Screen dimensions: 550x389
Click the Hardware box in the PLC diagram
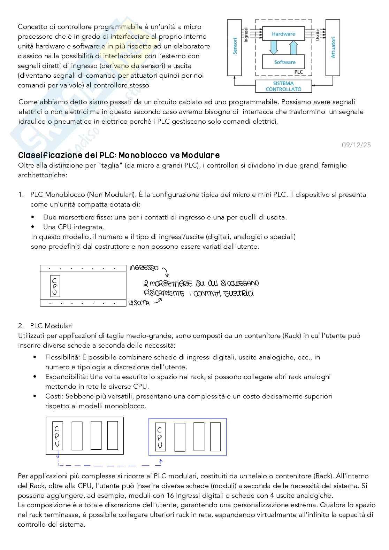point(283,34)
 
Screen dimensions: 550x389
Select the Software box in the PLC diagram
point(284,62)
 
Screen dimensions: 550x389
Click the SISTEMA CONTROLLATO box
point(283,86)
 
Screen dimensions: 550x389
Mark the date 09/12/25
point(356,145)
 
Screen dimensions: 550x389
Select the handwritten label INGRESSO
point(144,268)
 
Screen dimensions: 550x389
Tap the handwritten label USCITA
point(139,303)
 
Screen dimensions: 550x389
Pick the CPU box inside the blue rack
point(160,437)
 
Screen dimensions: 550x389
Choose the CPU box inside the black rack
point(57,435)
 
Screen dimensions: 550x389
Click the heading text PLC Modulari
point(51,326)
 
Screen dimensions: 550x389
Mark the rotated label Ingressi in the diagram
point(246,35)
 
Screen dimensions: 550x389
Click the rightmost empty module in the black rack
point(113,435)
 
